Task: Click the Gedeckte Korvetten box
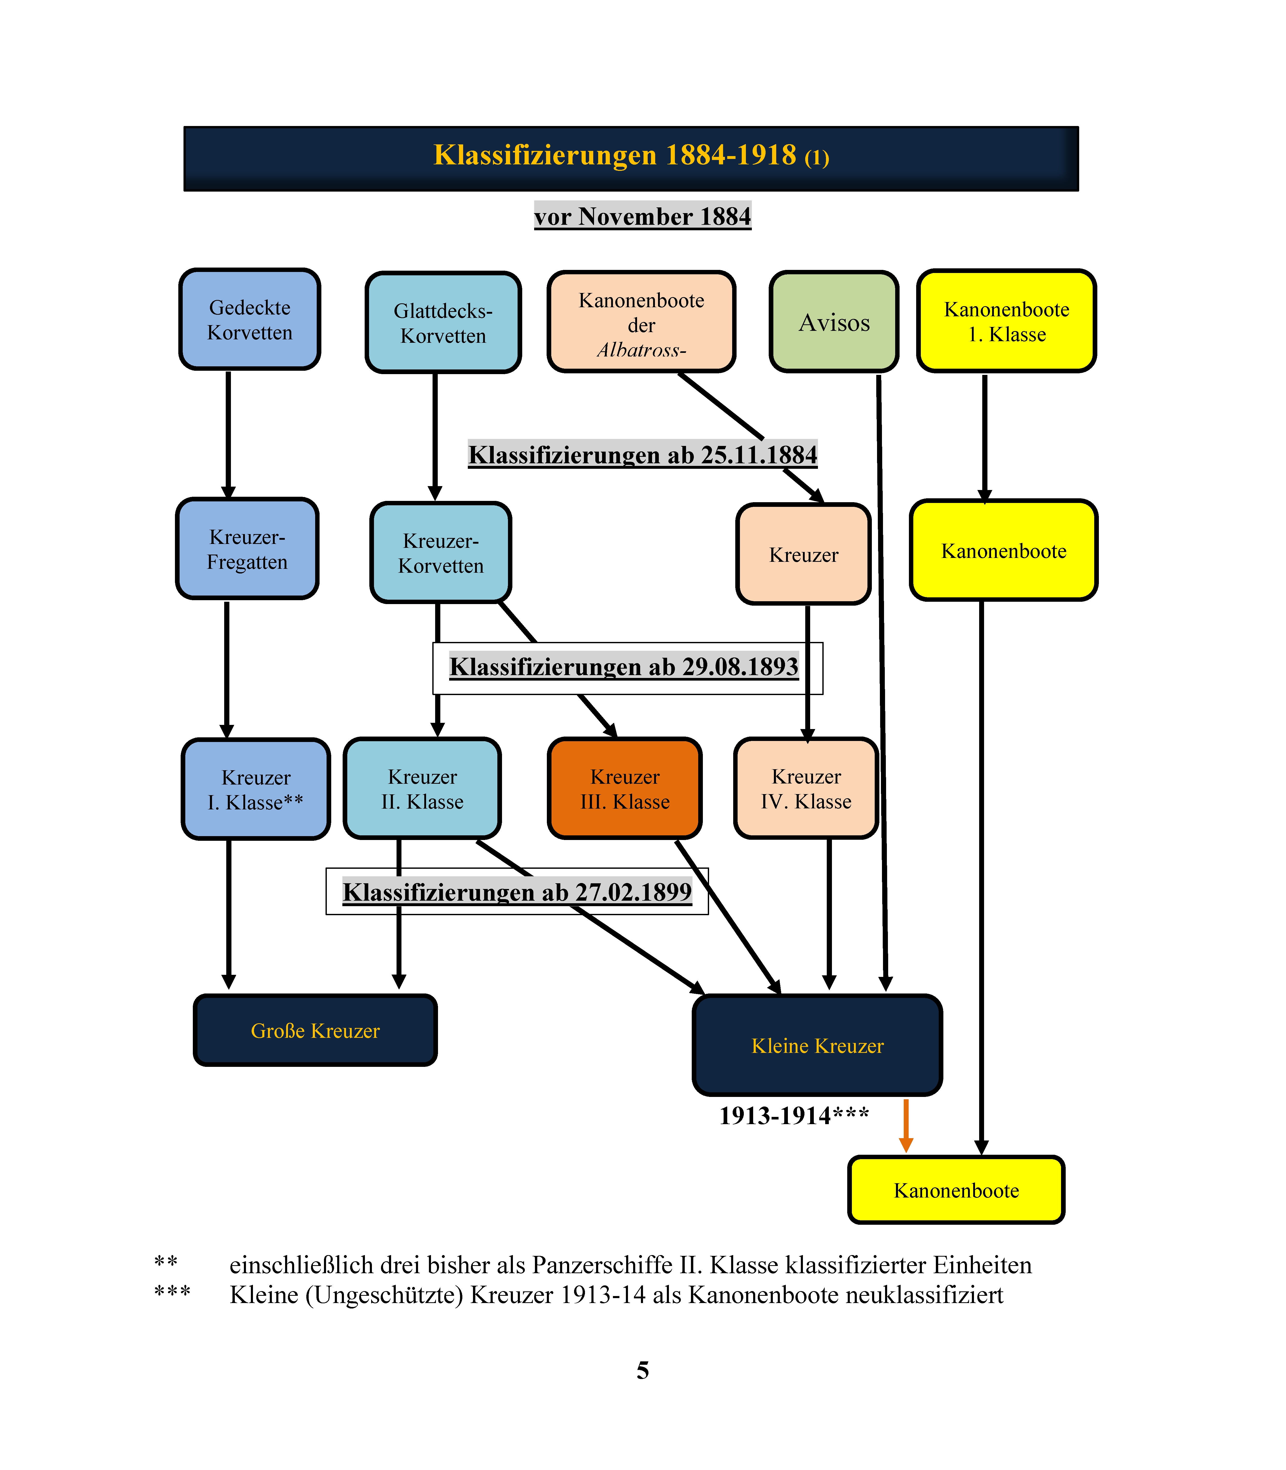pos(250,319)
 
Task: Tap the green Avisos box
pos(834,321)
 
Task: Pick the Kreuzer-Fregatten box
pos(247,548)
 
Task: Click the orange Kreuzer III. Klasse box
pos(624,788)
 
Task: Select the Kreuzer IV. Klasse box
pos(806,788)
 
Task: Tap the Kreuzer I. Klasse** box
pos(256,789)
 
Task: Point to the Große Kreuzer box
pos(315,1030)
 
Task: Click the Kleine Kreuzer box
pos(817,1045)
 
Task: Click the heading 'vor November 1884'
pos(642,216)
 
